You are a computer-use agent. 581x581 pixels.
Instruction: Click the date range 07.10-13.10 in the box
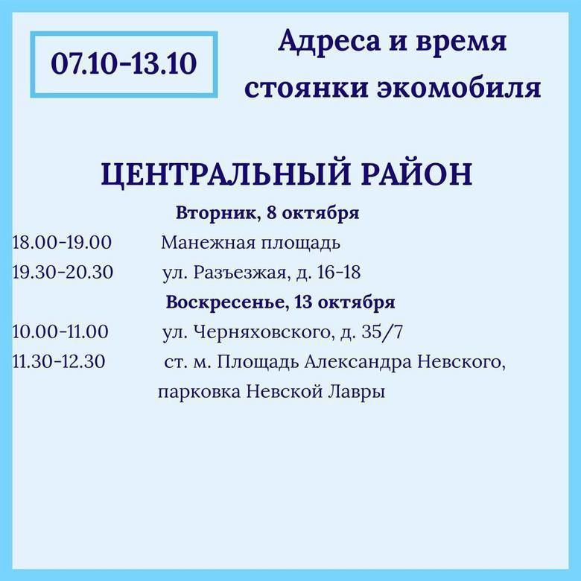coord(124,64)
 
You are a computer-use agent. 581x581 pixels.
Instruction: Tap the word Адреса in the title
coord(329,42)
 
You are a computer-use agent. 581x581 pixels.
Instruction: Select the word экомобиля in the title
coord(459,89)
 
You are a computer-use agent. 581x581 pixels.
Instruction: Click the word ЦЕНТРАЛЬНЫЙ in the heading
coord(226,174)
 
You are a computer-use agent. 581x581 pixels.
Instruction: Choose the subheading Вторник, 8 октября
coord(267,214)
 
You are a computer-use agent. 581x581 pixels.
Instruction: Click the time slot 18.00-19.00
coord(62,243)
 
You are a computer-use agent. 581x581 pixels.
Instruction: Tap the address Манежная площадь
coord(250,244)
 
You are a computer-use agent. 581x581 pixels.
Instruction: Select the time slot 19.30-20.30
coord(63,273)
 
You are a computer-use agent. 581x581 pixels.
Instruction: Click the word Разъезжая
coord(240,273)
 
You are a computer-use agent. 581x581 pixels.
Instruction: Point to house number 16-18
coord(339,273)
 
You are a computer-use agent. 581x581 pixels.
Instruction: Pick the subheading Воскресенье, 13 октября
coord(281,302)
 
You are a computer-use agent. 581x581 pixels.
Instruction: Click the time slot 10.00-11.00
coord(60,331)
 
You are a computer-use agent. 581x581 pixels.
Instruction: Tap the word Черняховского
coord(262,332)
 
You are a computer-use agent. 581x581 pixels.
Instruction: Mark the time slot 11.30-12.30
coord(59,361)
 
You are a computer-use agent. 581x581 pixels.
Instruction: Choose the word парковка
coord(199,392)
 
